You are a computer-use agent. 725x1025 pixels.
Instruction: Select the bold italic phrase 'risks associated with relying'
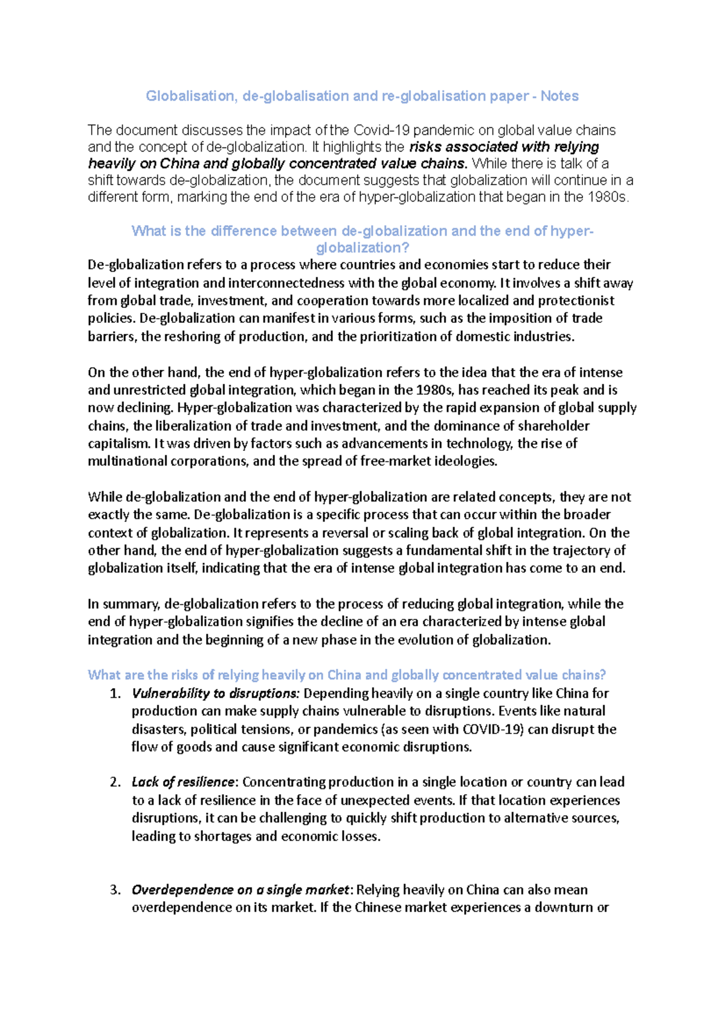point(504,147)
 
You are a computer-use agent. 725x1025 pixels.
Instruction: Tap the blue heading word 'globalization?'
point(362,248)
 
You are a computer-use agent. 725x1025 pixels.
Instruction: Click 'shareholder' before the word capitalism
point(554,426)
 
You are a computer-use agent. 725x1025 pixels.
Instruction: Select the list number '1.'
point(115,693)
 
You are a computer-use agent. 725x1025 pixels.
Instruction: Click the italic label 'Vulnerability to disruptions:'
point(215,693)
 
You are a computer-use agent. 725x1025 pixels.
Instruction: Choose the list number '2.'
point(115,782)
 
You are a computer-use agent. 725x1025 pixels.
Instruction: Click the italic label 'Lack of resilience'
point(183,782)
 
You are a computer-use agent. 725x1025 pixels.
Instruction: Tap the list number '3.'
point(115,890)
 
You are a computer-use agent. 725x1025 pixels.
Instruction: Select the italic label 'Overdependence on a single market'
point(240,890)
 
